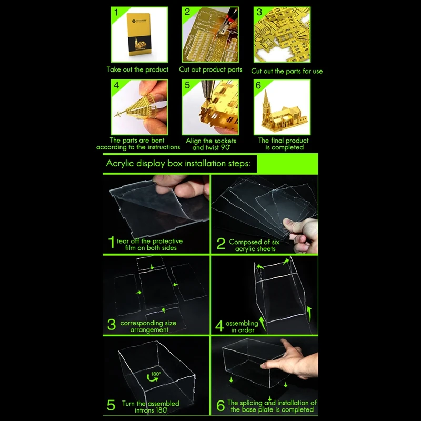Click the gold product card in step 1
point(139,34)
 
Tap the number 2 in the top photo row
point(187,12)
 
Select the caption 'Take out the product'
point(137,69)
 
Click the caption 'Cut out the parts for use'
point(287,71)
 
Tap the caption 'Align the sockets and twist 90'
point(211,144)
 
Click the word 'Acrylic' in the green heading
point(120,164)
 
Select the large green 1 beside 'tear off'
point(112,242)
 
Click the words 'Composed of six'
point(254,242)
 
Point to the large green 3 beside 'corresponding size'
point(112,324)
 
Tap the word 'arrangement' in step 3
point(149,330)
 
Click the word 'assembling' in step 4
point(242,324)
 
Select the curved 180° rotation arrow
point(152,378)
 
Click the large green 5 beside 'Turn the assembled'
point(111,405)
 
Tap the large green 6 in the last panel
point(220,405)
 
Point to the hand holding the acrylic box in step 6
point(292,360)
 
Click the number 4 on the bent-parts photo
point(116,85)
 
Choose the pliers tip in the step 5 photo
point(207,99)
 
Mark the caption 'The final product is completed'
point(284,144)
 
